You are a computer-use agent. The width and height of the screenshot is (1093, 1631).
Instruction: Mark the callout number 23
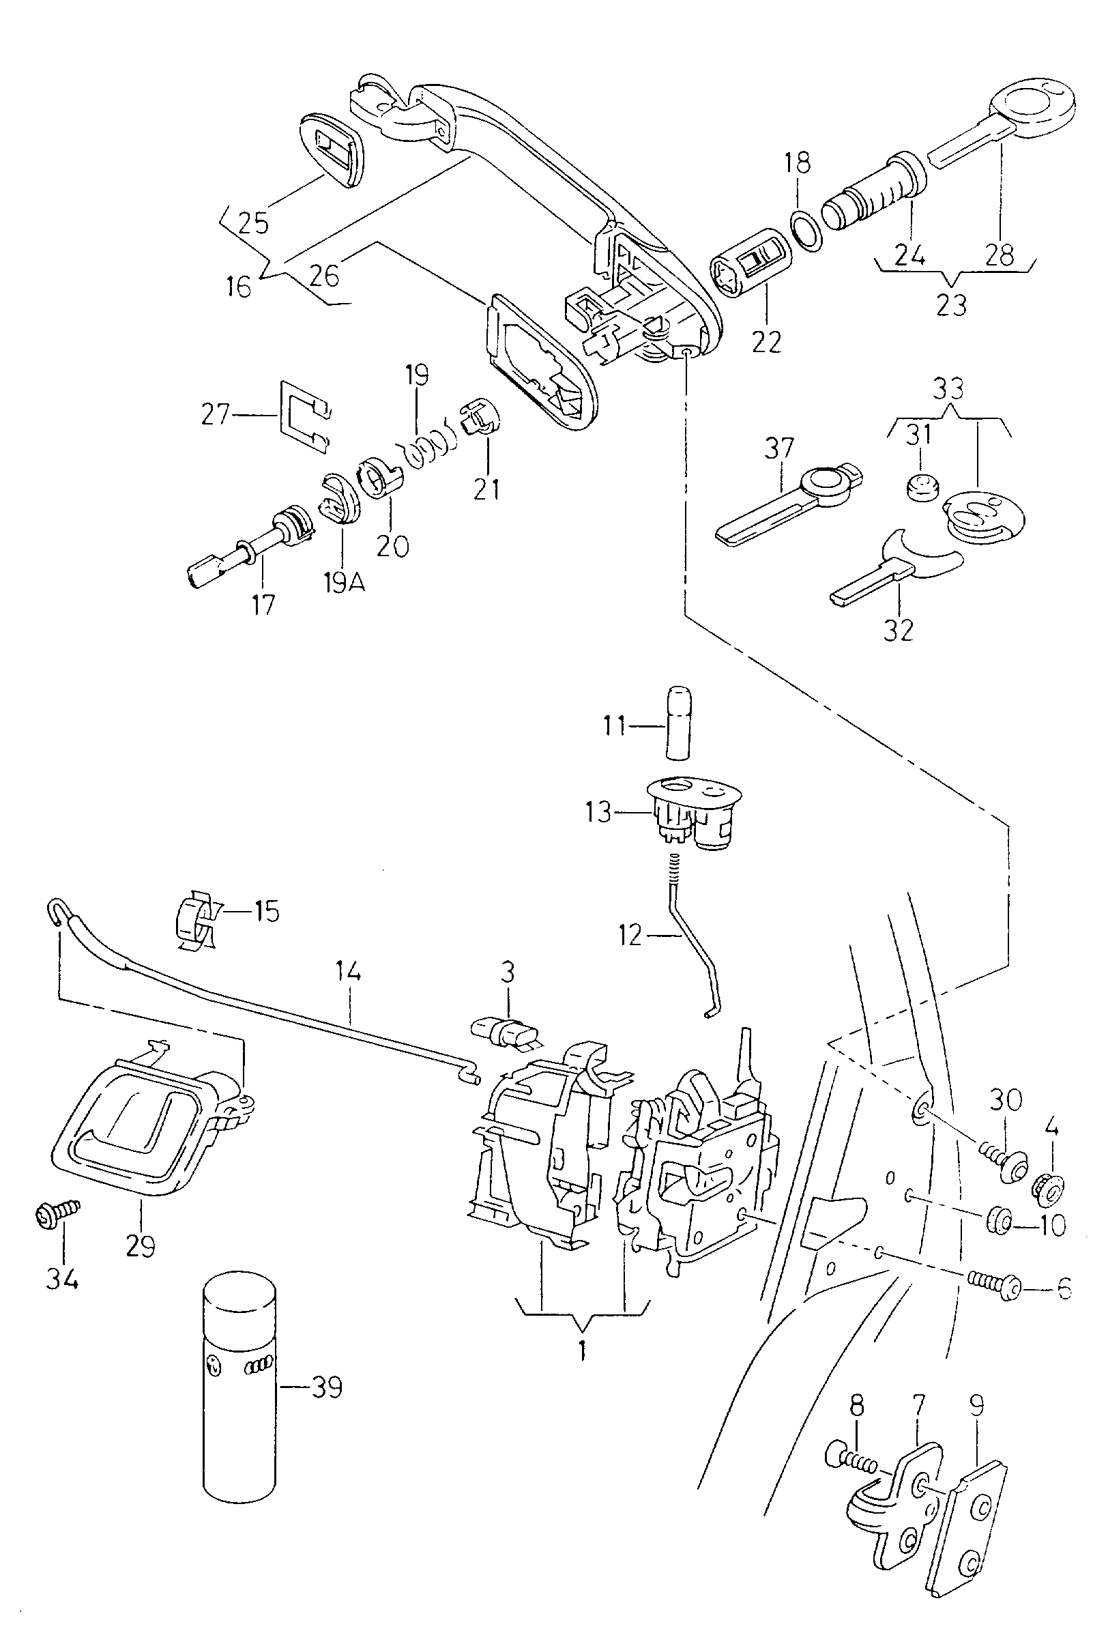click(952, 304)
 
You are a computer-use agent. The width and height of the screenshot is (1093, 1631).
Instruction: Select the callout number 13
click(599, 812)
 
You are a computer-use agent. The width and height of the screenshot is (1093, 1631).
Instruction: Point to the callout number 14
click(348, 971)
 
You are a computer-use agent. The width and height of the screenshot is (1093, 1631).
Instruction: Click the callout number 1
click(582, 1346)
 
